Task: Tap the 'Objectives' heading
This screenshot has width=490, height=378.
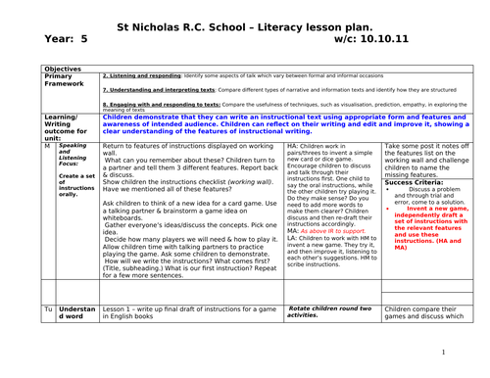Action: tap(64, 70)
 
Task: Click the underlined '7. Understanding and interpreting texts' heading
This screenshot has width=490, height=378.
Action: tap(163, 89)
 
